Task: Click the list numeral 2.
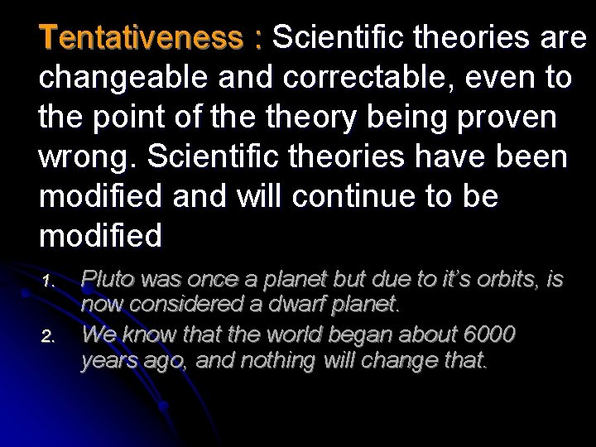coord(47,337)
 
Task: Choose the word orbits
coord(512,280)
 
